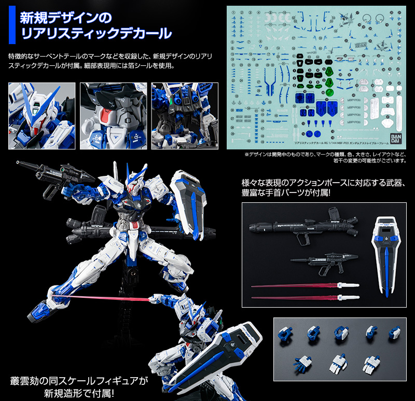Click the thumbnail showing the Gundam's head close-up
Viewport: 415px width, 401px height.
click(x=41, y=116)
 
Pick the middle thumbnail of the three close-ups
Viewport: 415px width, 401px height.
click(x=113, y=116)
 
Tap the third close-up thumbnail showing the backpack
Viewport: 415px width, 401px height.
click(x=184, y=116)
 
